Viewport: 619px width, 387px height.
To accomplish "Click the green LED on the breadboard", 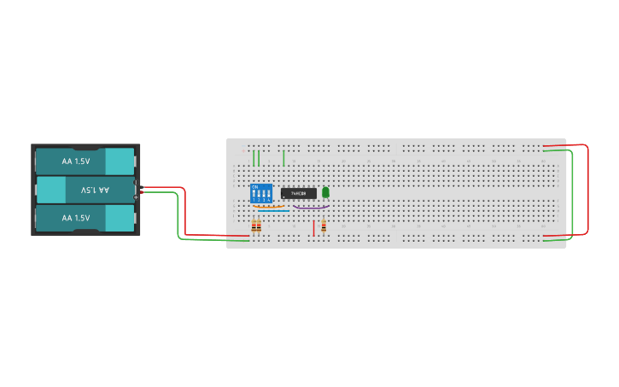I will [325, 192].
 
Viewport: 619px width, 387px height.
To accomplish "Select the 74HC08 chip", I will [299, 193].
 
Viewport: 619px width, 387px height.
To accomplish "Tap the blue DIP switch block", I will [261, 193].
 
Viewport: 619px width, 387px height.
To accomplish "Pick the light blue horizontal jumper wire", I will [274, 211].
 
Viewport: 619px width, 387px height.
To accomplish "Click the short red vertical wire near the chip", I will [313, 227].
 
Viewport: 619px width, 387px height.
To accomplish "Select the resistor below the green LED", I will [324, 226].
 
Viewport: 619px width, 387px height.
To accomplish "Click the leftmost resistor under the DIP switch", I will [254, 226].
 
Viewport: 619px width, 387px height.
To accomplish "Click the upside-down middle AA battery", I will [85, 190].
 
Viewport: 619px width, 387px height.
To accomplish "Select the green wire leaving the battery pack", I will [178, 218].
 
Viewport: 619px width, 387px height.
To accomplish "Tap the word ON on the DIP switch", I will [254, 186].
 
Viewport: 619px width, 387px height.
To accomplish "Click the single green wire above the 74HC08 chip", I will [283, 158].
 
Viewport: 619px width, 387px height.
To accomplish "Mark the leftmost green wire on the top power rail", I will [254, 158].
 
